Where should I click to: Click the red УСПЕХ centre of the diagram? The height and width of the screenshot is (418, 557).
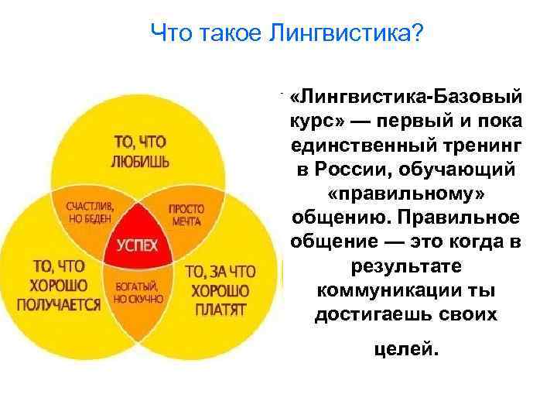coord(137,245)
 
